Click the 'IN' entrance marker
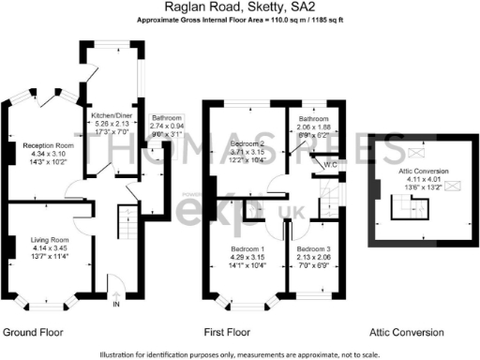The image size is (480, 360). [116, 305]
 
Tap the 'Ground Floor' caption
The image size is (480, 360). [33, 332]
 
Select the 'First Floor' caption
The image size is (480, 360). [227, 332]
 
